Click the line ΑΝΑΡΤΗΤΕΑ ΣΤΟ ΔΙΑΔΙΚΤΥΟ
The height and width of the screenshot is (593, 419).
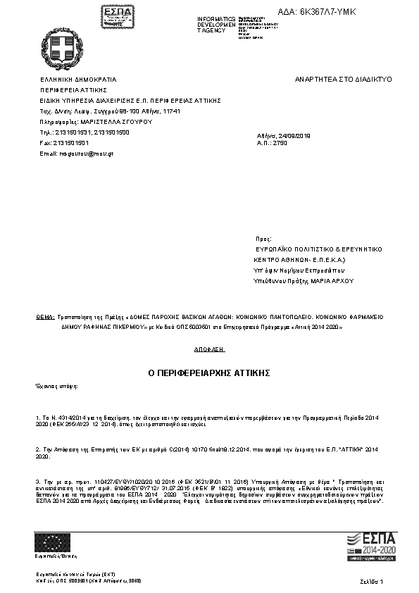coord(343,80)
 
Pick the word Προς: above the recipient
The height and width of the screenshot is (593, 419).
coord(263,239)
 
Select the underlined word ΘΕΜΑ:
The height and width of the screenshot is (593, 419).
coord(45,318)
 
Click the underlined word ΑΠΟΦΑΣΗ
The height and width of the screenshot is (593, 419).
coord(208,349)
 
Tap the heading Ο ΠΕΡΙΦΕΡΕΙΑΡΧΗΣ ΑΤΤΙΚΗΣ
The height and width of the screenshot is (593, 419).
coord(209,371)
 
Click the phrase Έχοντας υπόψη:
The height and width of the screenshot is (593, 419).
coord(57,387)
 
